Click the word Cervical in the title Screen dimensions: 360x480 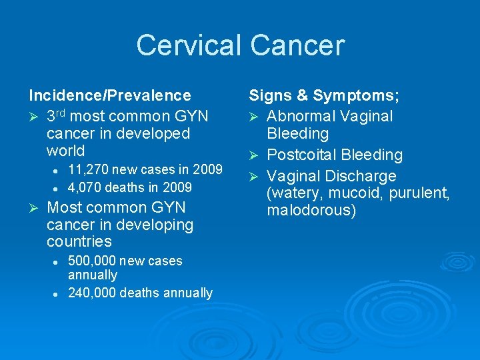(x=190, y=45)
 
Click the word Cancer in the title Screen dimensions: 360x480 (x=297, y=45)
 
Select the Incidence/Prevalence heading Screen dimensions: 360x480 (x=109, y=96)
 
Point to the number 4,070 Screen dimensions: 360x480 (x=85, y=187)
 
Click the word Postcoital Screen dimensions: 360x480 (x=301, y=155)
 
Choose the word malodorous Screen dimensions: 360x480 (x=311, y=211)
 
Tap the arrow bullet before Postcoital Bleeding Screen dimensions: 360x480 (x=253, y=155)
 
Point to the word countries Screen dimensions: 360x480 (x=79, y=241)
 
